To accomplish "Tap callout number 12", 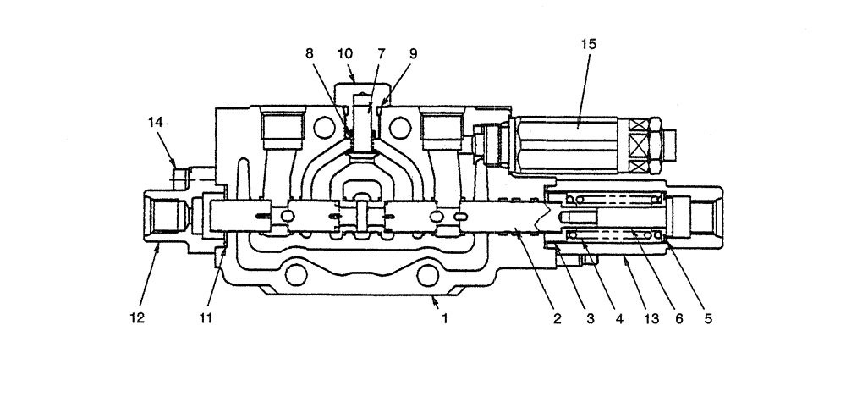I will click(137, 319).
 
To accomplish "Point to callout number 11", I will click(206, 319).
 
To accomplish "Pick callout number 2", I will click(557, 319).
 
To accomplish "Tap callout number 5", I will click(708, 319).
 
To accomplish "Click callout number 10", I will click(345, 52).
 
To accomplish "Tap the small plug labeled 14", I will click(179, 176).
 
